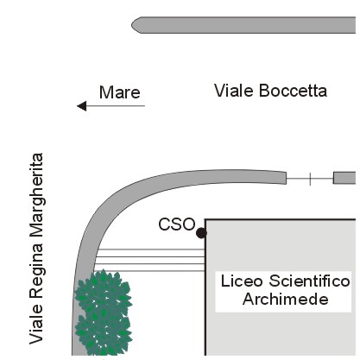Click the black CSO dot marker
[x=201, y=233]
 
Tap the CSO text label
[x=177, y=224]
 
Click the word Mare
[x=120, y=92]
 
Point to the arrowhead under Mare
[x=81, y=106]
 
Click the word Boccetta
[x=293, y=91]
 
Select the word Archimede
[x=286, y=300]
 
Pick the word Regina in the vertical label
[x=37, y=270]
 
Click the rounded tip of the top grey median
[x=133, y=25]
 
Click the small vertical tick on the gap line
[x=310, y=179]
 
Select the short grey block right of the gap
[x=344, y=178]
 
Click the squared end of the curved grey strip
[x=286, y=178]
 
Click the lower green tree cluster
[x=103, y=335]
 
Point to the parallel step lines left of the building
[x=149, y=260]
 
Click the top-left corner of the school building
[x=205, y=220]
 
